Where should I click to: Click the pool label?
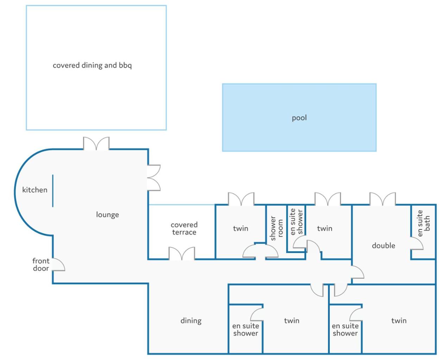(299, 118)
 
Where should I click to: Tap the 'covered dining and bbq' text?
(92, 65)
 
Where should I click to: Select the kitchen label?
(35, 190)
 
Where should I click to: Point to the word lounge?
(107, 215)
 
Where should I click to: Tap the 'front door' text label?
(41, 265)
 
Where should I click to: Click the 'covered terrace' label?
(184, 228)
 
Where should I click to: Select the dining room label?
(191, 321)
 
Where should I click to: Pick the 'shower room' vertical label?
(277, 228)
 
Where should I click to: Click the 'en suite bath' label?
(423, 223)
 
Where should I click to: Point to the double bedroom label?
(384, 246)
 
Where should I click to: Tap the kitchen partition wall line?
(53, 191)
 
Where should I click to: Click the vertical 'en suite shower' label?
(296, 222)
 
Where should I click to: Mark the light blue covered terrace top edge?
(182, 205)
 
